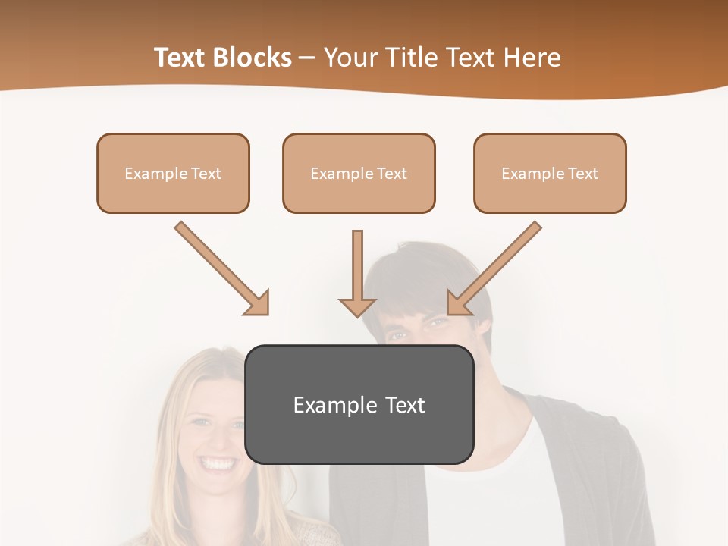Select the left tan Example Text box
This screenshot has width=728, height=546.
click(x=173, y=173)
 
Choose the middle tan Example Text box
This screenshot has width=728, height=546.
click(x=359, y=173)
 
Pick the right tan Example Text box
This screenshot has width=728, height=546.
click(x=550, y=173)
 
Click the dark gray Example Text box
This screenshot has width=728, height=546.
click(x=359, y=404)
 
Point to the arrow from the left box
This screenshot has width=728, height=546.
click(x=220, y=267)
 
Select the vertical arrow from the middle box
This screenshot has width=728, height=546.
click(x=357, y=273)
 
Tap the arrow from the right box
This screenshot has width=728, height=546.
click(x=496, y=267)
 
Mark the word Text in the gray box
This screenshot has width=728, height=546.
click(x=405, y=405)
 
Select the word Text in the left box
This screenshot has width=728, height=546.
click(x=206, y=174)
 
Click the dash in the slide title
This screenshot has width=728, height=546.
click(x=307, y=58)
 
